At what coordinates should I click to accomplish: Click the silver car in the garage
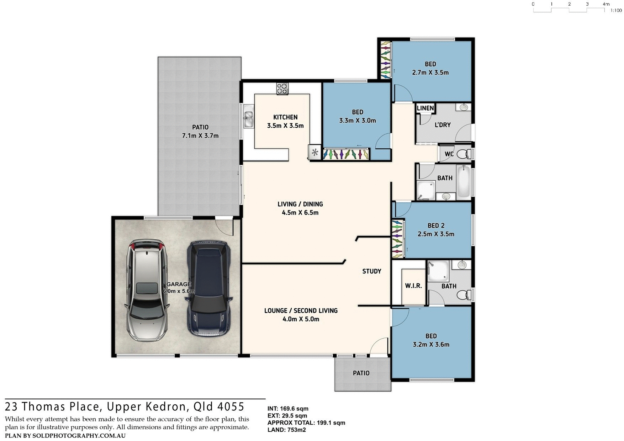147,290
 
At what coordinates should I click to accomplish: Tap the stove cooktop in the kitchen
282,89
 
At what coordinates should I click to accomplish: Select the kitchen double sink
248,118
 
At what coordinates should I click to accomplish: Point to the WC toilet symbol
462,154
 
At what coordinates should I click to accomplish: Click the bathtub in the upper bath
464,181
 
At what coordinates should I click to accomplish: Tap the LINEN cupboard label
425,108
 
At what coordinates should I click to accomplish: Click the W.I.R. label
413,286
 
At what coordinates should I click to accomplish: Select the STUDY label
372,271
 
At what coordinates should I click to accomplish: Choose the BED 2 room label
436,225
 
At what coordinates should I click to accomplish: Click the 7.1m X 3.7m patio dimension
200,136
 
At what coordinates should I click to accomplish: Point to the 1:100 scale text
616,11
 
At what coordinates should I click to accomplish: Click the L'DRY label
443,125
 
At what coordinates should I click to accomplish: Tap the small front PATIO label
361,373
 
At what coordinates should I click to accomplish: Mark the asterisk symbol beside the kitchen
315,153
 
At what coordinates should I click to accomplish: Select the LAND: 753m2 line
287,430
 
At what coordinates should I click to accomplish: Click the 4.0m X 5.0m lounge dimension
301,319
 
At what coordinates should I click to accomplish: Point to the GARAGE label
179,284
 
